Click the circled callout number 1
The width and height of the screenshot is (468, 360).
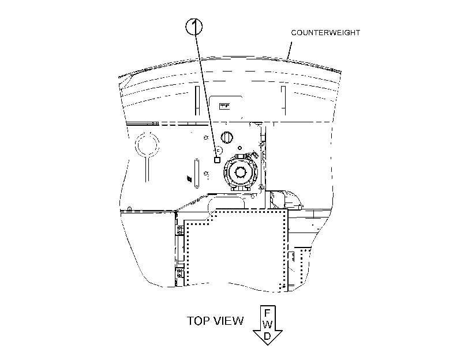coord(194,27)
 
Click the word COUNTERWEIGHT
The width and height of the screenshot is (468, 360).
coord(325,32)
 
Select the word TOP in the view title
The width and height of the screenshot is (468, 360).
coord(198,321)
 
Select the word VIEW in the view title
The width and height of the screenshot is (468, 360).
coord(229,321)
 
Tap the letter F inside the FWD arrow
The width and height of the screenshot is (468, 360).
coord(267,313)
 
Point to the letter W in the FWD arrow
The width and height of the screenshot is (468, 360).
coord(267,324)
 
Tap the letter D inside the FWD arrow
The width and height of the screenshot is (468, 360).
coord(267,336)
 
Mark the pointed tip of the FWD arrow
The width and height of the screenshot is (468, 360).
coord(268,345)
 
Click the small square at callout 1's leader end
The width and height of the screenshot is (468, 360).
coord(218,160)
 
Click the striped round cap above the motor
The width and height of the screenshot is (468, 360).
coord(227,137)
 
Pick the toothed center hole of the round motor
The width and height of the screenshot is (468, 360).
coord(240,172)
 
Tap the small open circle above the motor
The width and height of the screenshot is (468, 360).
coord(239,148)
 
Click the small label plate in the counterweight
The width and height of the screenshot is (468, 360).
coord(224,106)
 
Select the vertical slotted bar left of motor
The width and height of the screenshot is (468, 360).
coord(197,174)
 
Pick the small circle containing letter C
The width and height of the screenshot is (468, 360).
coord(218,150)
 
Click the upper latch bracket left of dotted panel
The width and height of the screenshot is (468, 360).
coord(180,230)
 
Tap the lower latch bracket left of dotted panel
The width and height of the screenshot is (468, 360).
coord(180,273)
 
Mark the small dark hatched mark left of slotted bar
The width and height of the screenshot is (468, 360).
coord(189,178)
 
